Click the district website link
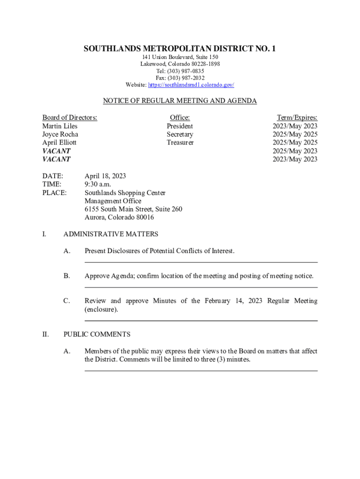[191, 85]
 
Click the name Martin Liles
[60, 126]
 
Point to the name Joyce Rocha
[60, 135]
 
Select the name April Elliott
[59, 143]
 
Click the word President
[180, 126]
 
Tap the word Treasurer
[180, 143]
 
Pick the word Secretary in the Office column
[180, 135]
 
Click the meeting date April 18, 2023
[105, 176]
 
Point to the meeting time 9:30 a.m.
[98, 184]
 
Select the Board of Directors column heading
[70, 118]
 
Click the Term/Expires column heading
[297, 118]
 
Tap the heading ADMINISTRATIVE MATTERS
[111, 234]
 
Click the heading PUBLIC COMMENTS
[97, 334]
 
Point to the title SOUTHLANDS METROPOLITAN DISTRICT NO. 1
[180, 49]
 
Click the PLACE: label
[54, 193]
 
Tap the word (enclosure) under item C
[101, 310]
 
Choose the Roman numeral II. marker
[45, 334]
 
